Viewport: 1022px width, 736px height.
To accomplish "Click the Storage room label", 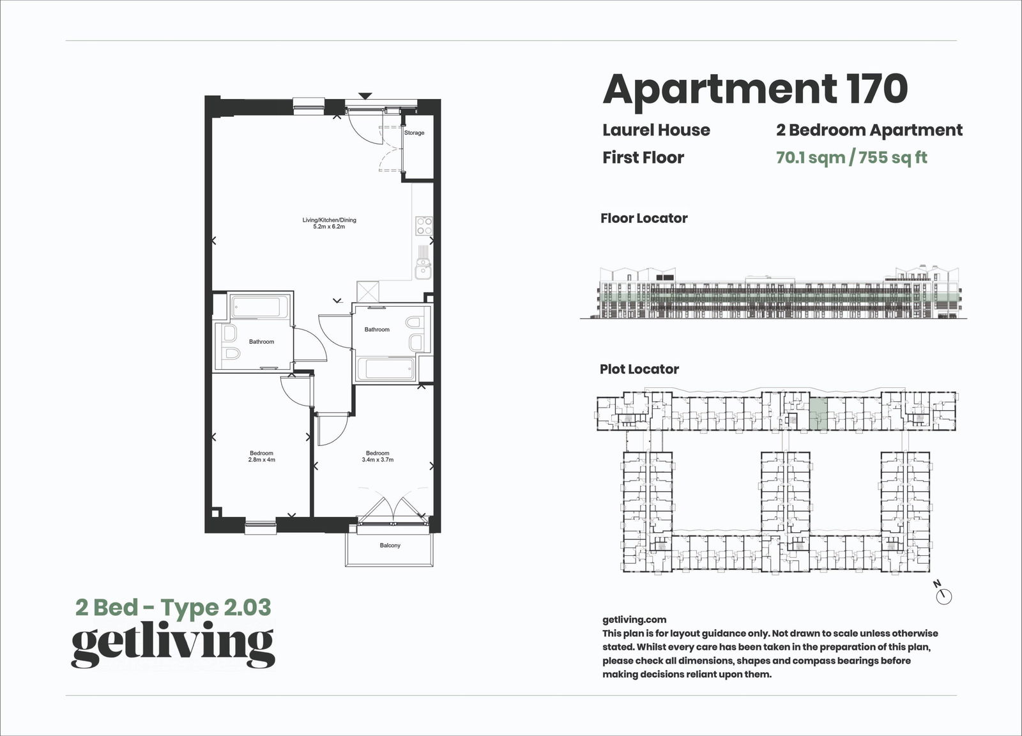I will (x=414, y=133).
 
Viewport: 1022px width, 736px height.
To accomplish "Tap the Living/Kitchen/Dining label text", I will (x=329, y=220).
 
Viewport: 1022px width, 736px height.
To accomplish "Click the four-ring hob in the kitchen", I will (x=423, y=226).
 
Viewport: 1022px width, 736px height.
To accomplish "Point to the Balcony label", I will (x=390, y=546).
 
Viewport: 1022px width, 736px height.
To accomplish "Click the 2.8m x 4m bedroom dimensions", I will (x=261, y=460).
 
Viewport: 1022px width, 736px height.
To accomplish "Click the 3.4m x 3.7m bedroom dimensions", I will (x=378, y=460).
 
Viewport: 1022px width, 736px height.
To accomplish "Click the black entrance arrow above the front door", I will (x=365, y=96).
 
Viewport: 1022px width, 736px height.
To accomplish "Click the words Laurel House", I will (x=656, y=130).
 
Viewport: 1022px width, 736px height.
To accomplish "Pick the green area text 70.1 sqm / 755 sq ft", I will (x=851, y=157).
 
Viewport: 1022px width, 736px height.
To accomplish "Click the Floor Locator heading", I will (x=644, y=218).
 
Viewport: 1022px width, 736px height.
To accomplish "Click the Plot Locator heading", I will (x=639, y=369).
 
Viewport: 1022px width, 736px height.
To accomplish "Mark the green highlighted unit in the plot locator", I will (x=818, y=413).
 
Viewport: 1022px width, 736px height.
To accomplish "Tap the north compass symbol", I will (x=943, y=595).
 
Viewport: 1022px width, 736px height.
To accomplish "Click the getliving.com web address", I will (x=634, y=619).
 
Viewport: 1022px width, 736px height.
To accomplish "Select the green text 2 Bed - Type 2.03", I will (x=173, y=607).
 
